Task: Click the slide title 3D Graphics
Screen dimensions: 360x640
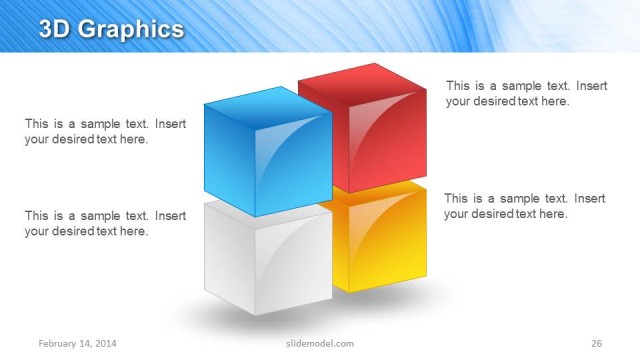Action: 111,29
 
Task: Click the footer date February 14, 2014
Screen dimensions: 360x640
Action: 78,344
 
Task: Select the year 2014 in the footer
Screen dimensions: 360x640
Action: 106,344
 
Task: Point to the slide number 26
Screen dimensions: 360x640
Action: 596,344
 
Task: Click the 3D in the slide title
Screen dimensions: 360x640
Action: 55,29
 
